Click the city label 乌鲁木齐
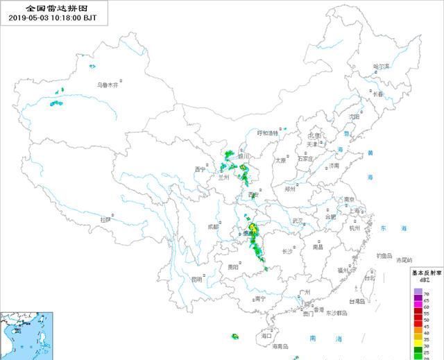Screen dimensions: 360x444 click(107, 85)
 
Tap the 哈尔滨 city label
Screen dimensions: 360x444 click(382, 67)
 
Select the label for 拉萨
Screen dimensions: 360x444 click(105, 219)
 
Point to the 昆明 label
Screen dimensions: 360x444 click(197, 279)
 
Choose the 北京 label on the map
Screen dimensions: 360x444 click(315, 136)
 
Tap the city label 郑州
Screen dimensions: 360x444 click(290, 189)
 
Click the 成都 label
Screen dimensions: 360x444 click(212, 227)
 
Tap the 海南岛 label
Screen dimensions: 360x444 click(280, 345)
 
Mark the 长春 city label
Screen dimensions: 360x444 click(375, 94)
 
